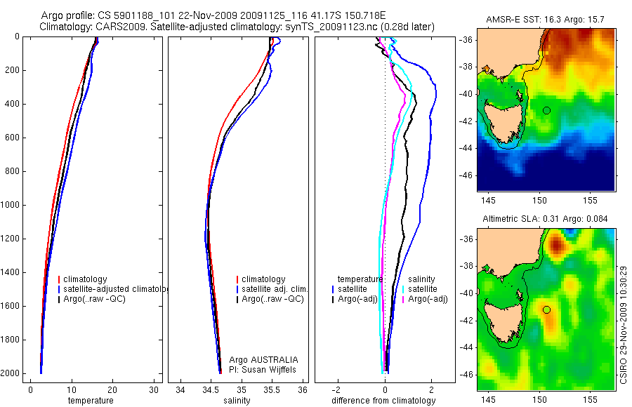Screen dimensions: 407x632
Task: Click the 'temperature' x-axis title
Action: [x=90, y=401]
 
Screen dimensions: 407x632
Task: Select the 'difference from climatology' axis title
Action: [x=383, y=401]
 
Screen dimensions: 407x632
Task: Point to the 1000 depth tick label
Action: [x=11, y=206]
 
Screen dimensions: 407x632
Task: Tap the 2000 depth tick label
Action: [x=11, y=374]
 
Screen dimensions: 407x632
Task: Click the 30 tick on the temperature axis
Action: [x=154, y=390]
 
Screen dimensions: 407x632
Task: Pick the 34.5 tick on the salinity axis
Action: [x=211, y=390]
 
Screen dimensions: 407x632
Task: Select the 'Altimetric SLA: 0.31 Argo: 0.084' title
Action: [x=545, y=220]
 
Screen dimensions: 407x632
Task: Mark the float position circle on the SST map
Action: [x=546, y=110]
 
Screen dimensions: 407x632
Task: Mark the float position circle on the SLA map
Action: [x=546, y=309]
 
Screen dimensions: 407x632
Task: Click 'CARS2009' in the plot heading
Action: [x=114, y=27]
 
